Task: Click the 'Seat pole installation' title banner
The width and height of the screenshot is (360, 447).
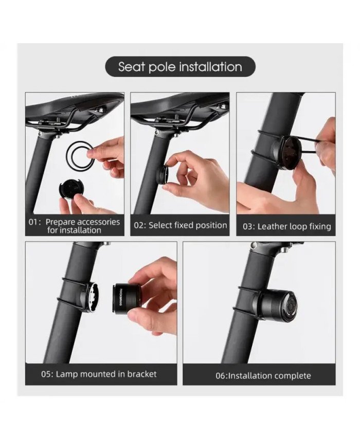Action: coord(179,67)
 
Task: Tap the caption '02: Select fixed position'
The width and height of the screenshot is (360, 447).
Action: coord(181,225)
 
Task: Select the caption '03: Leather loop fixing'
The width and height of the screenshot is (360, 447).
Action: coord(287,226)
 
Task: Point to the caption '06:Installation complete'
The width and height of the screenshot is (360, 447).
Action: coord(263,376)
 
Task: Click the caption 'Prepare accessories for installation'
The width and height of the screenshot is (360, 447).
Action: coord(75,226)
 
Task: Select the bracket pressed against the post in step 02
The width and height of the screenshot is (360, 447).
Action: coord(162,175)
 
